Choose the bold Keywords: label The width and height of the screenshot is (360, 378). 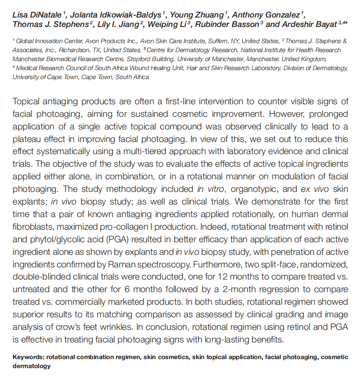[x=28, y=357]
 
